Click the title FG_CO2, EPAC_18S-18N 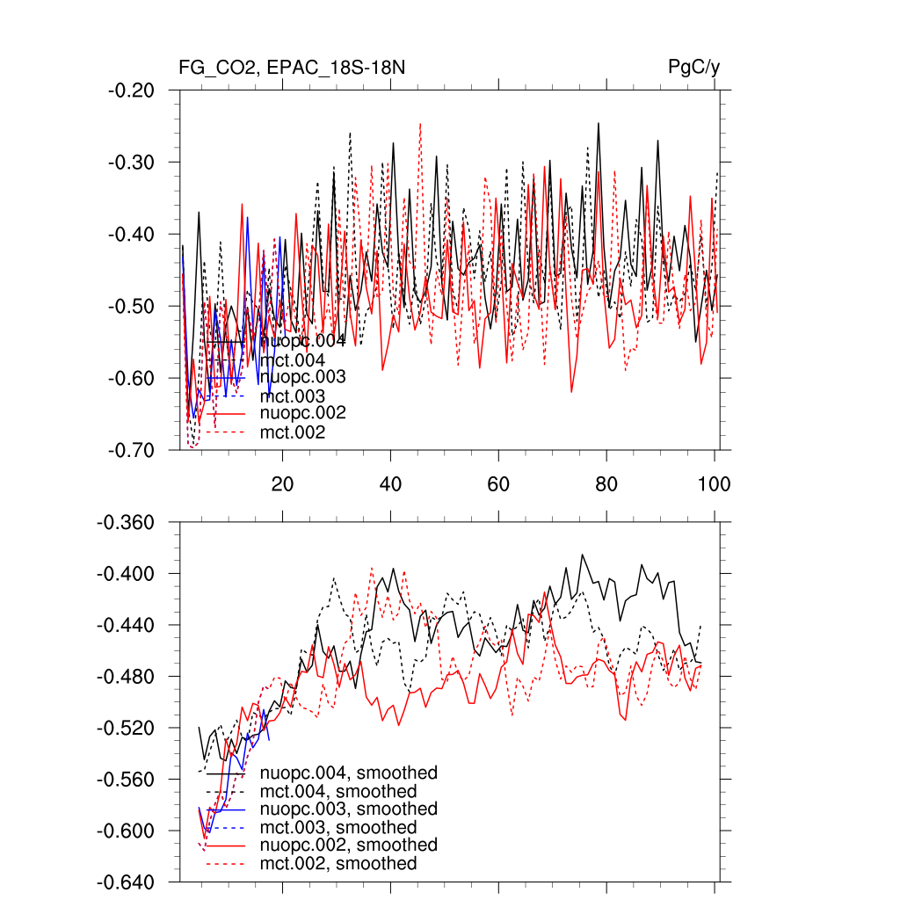pyautogui.click(x=292, y=68)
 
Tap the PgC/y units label pyautogui.click(x=694, y=68)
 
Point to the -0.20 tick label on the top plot pyautogui.click(x=131, y=91)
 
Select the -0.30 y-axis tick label pyautogui.click(x=131, y=163)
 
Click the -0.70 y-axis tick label pyautogui.click(x=131, y=450)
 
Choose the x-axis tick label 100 pyautogui.click(x=714, y=484)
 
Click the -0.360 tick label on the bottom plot pyautogui.click(x=127, y=523)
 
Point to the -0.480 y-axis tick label pyautogui.click(x=127, y=677)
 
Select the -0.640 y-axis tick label pyautogui.click(x=127, y=882)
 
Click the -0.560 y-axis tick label pyautogui.click(x=127, y=780)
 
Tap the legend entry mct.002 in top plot pyautogui.click(x=293, y=432)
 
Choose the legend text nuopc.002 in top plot pyautogui.click(x=302, y=413)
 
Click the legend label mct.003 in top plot pyautogui.click(x=293, y=396)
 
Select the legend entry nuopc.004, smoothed pyautogui.click(x=349, y=773)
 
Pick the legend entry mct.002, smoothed pyautogui.click(x=338, y=864)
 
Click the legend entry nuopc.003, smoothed pyautogui.click(x=349, y=809)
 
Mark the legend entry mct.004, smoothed pyautogui.click(x=338, y=792)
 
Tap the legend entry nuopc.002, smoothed pyautogui.click(x=349, y=845)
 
